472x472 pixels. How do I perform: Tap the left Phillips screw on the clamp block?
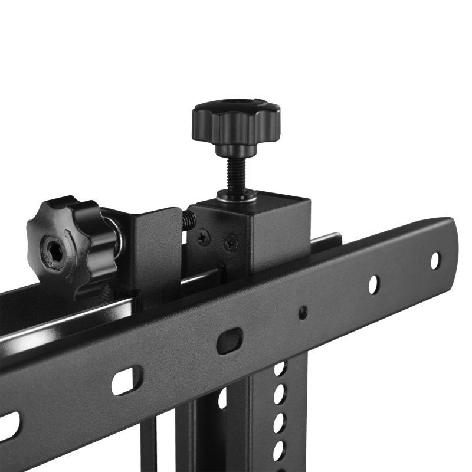203,237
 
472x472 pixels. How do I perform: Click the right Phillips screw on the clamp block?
231,242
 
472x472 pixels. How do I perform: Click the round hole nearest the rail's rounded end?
435,260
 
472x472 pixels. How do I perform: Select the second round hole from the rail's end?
373,284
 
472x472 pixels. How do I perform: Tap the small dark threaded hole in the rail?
303,312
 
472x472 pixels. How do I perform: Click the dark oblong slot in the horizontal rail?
230,340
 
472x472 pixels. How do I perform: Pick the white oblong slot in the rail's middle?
127,380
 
